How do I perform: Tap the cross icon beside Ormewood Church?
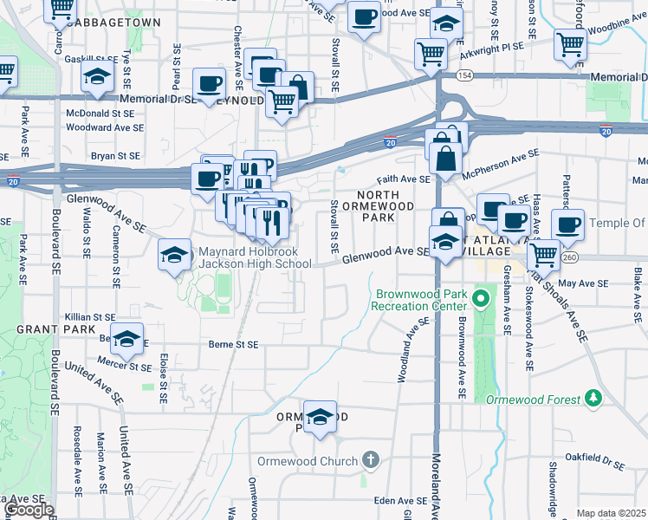(370, 459)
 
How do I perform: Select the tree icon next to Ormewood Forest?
(593, 398)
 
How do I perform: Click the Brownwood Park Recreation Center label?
(420, 300)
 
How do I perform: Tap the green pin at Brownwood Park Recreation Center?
(481, 300)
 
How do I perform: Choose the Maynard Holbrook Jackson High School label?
(255, 258)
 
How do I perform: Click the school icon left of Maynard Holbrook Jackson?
(174, 256)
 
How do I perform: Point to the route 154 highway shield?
(465, 77)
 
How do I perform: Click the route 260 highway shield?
(569, 257)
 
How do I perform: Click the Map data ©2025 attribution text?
(611, 513)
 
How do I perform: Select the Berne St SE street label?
(234, 344)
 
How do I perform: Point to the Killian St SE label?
(89, 318)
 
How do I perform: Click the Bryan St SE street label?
(116, 156)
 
